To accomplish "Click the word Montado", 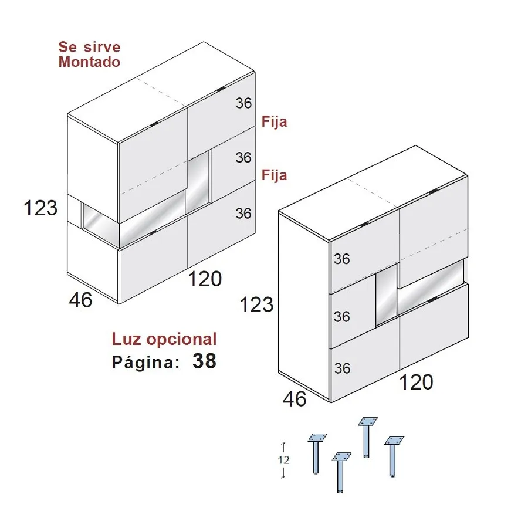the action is (x=89, y=62).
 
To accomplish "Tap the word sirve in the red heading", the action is (x=101, y=47).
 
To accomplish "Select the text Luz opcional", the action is (x=164, y=340).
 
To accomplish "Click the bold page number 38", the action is (x=204, y=361).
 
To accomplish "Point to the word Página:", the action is (x=145, y=362).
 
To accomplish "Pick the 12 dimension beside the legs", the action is (x=283, y=460).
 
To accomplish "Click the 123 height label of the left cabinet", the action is (x=40, y=208).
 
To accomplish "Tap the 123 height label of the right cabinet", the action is (x=256, y=304).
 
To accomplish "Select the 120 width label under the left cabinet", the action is (x=205, y=279).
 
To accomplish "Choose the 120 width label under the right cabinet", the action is (x=416, y=382).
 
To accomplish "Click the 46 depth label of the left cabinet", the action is (x=80, y=300).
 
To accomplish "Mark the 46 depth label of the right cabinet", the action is (x=295, y=399).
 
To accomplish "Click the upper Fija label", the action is (x=275, y=122).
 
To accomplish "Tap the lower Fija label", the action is (x=275, y=175).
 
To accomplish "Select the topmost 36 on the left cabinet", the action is (x=243, y=103).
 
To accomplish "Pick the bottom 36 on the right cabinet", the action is (x=342, y=368).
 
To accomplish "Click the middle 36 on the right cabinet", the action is (x=342, y=317).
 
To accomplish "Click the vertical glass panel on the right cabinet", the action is (x=386, y=295).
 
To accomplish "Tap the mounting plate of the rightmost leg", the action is (x=394, y=441).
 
